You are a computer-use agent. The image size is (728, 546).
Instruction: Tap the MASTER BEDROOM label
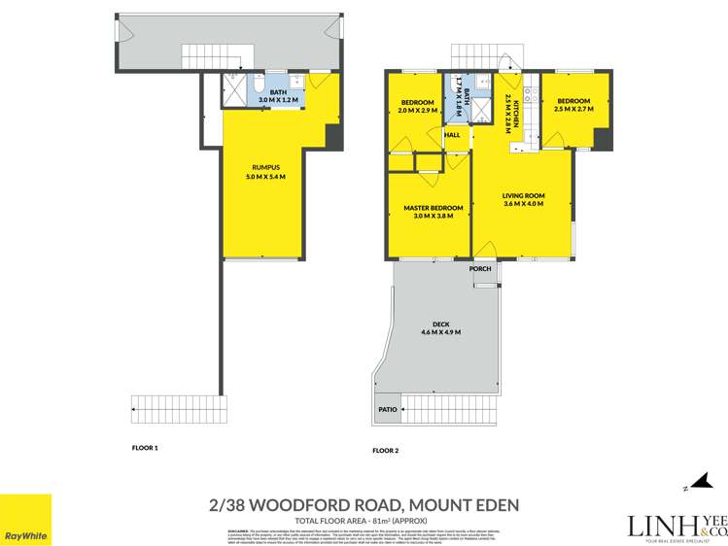pos(433,208)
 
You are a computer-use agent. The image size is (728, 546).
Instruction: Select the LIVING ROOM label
pos(523,195)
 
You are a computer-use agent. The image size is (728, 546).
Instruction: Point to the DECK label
pos(440,324)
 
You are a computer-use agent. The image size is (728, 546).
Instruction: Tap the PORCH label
pos(479,268)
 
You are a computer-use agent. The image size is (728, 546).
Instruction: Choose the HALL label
pos(453,135)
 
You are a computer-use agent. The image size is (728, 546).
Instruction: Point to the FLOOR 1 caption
pos(144,448)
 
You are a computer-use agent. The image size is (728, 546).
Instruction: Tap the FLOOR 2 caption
pos(385,450)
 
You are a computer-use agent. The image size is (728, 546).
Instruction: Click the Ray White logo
pos(26,520)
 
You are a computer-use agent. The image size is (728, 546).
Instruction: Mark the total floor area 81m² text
pos(364,520)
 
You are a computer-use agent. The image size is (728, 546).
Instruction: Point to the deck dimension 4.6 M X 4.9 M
pos(440,333)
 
